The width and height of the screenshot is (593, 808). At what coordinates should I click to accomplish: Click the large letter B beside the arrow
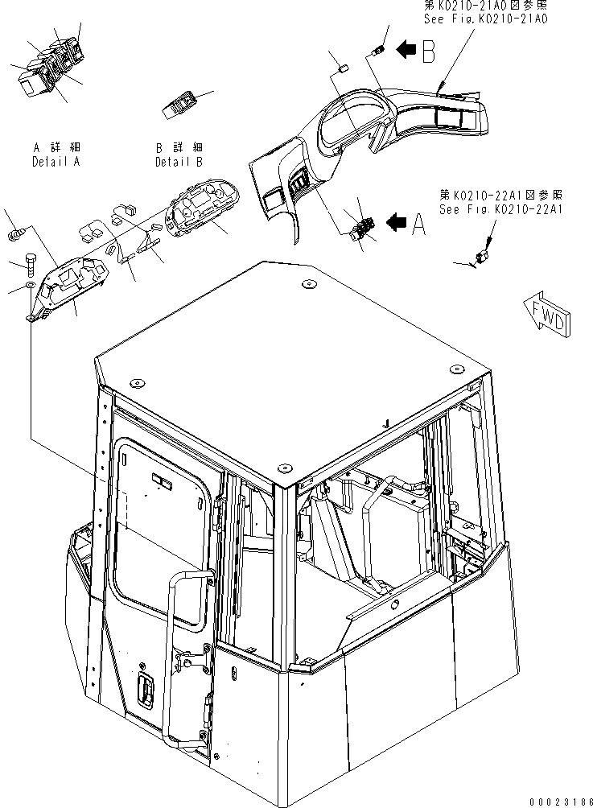(427, 52)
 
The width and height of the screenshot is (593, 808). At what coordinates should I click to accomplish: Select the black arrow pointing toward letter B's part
(406, 51)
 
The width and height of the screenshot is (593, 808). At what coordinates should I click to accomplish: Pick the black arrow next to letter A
(397, 225)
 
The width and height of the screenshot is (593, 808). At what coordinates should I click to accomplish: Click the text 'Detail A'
(56, 162)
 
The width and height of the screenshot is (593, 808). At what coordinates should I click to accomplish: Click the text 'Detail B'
(179, 162)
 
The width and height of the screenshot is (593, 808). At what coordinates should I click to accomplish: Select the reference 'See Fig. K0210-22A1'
(500, 208)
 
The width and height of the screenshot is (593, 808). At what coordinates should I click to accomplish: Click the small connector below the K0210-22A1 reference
(482, 258)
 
